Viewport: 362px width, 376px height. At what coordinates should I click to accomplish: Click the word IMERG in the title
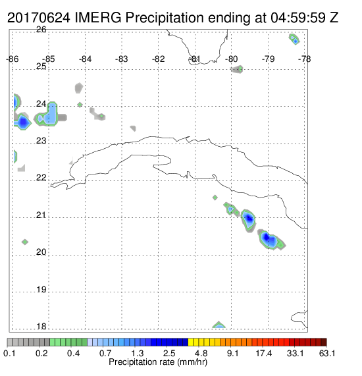(98, 18)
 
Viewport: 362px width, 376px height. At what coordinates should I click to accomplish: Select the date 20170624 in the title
(39, 18)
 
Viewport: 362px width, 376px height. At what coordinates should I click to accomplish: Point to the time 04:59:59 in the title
(298, 18)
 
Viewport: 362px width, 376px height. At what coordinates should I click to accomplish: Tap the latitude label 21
(41, 215)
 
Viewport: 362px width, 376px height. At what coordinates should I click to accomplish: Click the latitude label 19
(41, 290)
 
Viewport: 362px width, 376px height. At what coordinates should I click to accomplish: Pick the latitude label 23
(41, 140)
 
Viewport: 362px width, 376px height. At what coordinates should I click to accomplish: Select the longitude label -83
(122, 59)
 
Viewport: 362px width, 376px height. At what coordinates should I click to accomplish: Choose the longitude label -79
(268, 59)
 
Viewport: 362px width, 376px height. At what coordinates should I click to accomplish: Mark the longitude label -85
(49, 59)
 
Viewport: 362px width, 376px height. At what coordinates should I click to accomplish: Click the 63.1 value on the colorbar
(327, 353)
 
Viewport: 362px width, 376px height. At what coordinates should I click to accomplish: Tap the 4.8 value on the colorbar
(201, 353)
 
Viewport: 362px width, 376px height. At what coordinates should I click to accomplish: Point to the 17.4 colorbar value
(264, 353)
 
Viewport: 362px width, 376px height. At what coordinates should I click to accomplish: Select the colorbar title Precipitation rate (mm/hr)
(158, 362)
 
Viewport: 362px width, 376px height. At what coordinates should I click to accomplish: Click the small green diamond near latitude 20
(25, 242)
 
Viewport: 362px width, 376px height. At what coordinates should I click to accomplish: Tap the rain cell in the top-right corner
(294, 39)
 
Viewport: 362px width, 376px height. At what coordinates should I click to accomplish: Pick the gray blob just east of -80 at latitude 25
(237, 69)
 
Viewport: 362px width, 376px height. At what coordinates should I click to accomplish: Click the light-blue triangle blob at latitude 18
(219, 325)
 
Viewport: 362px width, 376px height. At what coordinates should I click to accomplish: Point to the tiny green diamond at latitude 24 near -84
(80, 105)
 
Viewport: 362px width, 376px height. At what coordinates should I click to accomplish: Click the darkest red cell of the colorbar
(324, 342)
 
